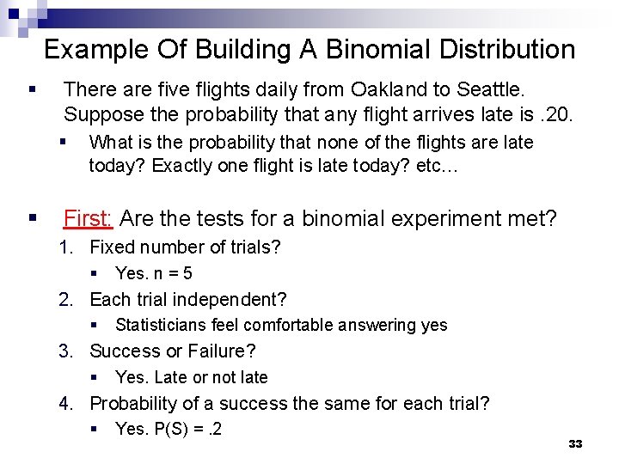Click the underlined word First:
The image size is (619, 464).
tap(88, 219)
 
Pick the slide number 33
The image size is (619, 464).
tap(575, 443)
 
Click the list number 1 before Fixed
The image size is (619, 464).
tap(64, 248)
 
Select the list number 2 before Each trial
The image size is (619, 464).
tap(64, 300)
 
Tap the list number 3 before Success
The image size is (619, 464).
tap(64, 351)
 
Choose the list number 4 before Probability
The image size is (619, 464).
tap(64, 403)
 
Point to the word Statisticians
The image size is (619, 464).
tap(163, 326)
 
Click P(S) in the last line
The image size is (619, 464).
tap(170, 429)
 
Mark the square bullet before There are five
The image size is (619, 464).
tap(32, 89)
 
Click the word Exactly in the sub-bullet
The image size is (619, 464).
tap(179, 166)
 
